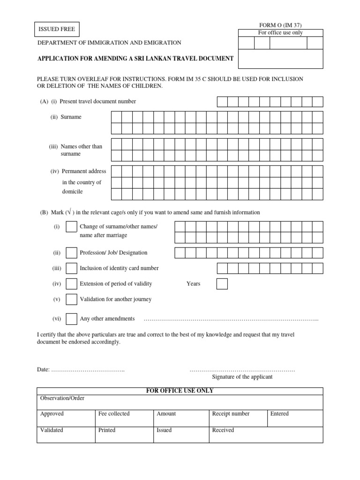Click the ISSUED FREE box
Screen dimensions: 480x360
[x=57, y=29]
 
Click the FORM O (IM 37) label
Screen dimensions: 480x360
[x=280, y=25]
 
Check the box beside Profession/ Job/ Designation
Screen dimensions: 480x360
[x=72, y=253]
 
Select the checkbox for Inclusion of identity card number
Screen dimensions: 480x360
[x=72, y=269]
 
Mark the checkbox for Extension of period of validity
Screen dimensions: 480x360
[x=72, y=284]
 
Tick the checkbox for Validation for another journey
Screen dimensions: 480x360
[x=72, y=300]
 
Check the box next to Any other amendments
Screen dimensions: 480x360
[x=72, y=319]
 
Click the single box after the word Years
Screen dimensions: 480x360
[x=222, y=284]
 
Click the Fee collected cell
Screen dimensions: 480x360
[x=123, y=418]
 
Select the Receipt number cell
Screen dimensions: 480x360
[x=238, y=418]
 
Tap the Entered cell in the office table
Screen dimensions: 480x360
[x=295, y=418]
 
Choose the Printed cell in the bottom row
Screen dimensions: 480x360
[x=123, y=435]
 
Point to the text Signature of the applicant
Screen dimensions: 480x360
[x=242, y=377]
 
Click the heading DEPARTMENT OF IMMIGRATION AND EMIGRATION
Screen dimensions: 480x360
[x=109, y=43]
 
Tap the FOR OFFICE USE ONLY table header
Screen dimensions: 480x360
[x=180, y=391]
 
